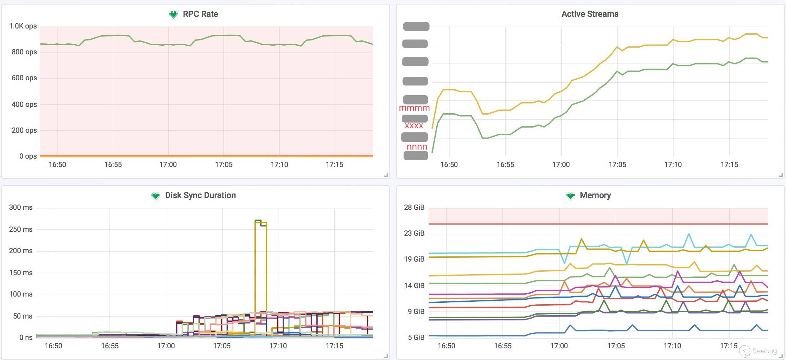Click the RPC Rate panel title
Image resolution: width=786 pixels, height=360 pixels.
[200, 14]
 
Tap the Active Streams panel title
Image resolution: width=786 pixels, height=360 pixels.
[590, 14]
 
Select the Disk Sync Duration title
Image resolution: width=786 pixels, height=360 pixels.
[200, 195]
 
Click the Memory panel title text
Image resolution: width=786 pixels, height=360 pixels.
[595, 195]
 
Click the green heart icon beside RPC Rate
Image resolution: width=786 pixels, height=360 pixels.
[174, 15]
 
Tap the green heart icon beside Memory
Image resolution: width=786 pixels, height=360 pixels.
[570, 196]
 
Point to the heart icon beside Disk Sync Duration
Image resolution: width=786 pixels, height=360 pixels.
[156, 196]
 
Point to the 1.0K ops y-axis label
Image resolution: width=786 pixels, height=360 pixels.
[23, 26]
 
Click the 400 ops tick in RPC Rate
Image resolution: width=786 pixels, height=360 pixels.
[24, 104]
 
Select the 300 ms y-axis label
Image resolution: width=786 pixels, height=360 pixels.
[21, 207]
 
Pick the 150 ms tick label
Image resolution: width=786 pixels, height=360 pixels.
[21, 273]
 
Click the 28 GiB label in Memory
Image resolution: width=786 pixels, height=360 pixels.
[414, 207]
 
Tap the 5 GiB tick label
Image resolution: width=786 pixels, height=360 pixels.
[416, 337]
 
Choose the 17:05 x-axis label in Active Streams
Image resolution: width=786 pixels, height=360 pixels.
[617, 164]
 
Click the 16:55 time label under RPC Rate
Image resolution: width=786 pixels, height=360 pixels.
[113, 164]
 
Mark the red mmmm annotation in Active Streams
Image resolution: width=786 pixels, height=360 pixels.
[414, 108]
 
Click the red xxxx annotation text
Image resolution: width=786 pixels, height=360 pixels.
[414, 126]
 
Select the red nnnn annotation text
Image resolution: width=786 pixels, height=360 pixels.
[417, 147]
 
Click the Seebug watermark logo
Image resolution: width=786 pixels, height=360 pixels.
[758, 351]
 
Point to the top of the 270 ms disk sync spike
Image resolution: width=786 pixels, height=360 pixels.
[258, 220]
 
